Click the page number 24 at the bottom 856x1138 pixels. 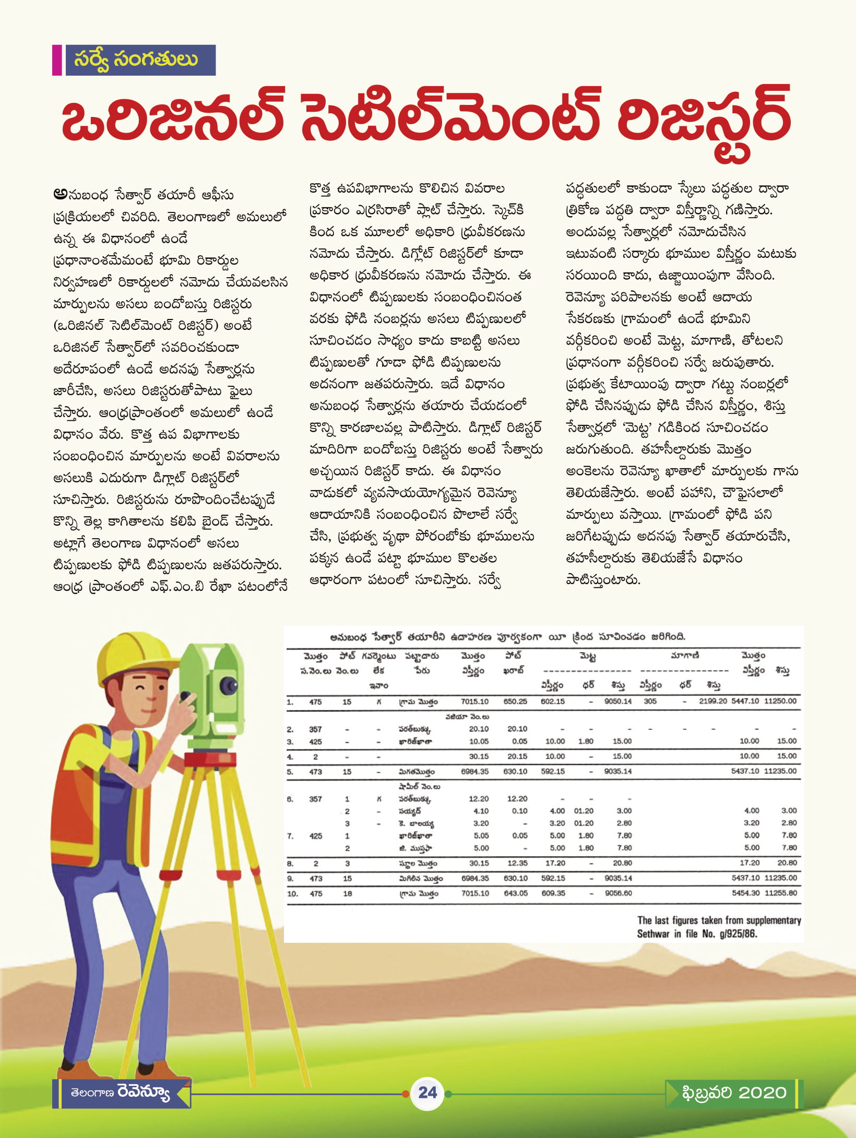click(x=427, y=1092)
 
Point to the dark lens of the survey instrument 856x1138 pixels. click(x=228, y=684)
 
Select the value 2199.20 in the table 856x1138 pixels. click(x=712, y=701)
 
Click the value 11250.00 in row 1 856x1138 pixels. click(x=780, y=701)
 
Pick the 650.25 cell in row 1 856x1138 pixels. click(x=515, y=701)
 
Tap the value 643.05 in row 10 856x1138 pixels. click(x=515, y=893)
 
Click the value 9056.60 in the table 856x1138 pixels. click(x=618, y=893)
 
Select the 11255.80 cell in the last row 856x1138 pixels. click(x=780, y=893)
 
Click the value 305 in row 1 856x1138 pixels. click(x=650, y=701)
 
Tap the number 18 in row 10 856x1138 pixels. click(x=347, y=893)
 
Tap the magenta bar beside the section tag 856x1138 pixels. click(x=57, y=60)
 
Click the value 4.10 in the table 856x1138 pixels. click(x=481, y=811)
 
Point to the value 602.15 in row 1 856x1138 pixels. click(x=553, y=701)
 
